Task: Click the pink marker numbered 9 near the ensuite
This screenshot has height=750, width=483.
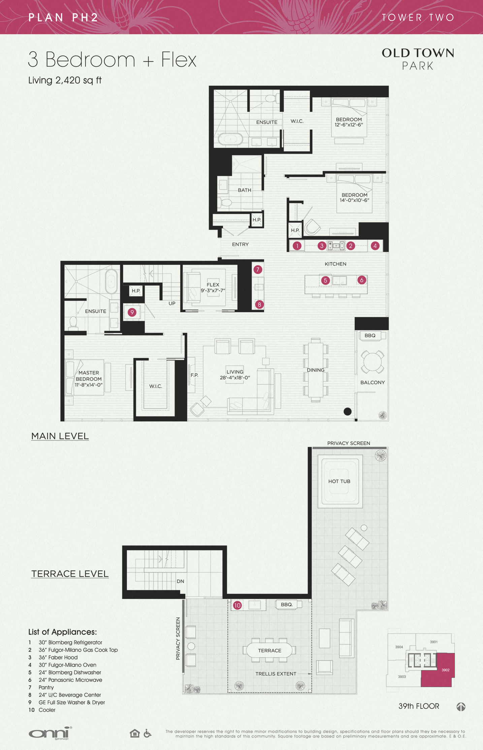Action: (x=132, y=312)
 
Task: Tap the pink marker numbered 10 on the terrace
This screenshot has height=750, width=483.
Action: (x=237, y=605)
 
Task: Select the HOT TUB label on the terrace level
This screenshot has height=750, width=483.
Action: (x=339, y=481)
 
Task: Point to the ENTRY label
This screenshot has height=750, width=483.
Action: (x=240, y=244)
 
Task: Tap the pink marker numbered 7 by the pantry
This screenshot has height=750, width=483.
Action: (x=258, y=270)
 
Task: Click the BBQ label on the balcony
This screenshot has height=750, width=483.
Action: (x=370, y=336)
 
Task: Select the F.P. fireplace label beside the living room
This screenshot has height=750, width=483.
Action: (x=194, y=375)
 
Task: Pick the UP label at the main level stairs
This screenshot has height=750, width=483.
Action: (x=172, y=303)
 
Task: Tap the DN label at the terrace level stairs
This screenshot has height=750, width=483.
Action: (x=180, y=581)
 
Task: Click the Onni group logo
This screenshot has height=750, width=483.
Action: (x=50, y=733)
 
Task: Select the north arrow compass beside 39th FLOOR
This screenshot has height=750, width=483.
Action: (x=461, y=707)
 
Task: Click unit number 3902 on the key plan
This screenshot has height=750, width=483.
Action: (x=445, y=670)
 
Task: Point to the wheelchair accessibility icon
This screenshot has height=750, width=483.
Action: (x=148, y=733)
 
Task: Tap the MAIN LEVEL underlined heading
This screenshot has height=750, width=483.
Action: (x=60, y=436)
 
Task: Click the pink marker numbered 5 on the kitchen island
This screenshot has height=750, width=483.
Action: (x=325, y=280)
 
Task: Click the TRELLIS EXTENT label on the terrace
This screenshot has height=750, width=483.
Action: (x=276, y=674)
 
